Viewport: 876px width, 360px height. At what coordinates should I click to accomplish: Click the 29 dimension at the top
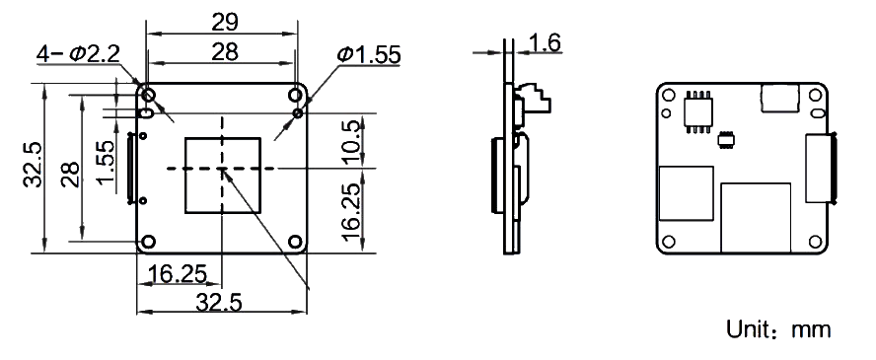point(225,22)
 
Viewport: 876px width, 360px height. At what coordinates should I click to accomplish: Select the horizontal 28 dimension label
point(225,52)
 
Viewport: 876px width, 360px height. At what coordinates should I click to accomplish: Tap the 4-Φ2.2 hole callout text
point(78,53)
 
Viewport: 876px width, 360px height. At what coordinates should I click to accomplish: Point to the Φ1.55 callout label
point(368,54)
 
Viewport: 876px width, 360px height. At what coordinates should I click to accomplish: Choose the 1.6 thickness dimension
point(545,42)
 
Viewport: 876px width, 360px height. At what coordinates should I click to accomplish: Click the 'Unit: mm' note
point(778,329)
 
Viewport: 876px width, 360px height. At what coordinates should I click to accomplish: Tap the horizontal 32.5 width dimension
point(218,303)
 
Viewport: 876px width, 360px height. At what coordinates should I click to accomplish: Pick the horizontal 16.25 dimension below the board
point(177,273)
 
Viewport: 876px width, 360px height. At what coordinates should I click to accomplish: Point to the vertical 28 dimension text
point(70,175)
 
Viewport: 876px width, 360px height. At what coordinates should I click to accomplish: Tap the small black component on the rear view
point(726,139)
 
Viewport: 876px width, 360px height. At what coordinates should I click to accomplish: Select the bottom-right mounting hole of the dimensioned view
point(296,242)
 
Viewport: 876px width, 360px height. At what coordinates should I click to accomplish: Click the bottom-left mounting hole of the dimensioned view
point(148,242)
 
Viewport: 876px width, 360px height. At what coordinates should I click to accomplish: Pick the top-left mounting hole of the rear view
point(668,95)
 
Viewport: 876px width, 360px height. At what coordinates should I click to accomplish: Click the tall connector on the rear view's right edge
point(819,168)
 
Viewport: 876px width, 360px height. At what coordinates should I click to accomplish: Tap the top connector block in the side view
point(532,98)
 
